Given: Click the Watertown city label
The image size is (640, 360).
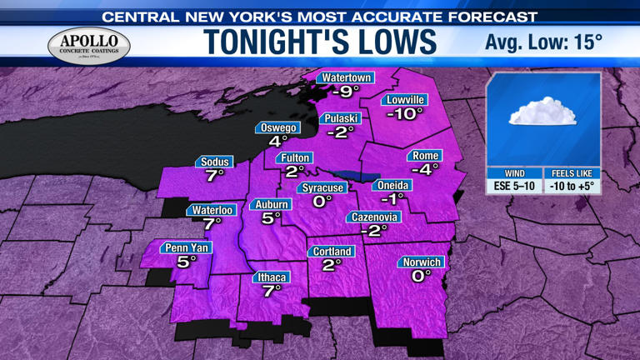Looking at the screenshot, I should (346, 77).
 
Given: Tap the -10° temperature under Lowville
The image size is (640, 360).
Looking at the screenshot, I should (404, 114).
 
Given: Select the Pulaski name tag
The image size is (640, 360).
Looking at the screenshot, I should (342, 117).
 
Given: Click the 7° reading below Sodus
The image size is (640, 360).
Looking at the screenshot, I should (216, 176).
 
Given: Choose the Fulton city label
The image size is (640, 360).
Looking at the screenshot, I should (296, 157).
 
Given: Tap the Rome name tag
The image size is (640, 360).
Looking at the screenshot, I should (425, 156).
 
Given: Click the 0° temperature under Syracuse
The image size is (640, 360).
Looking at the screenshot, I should (322, 201).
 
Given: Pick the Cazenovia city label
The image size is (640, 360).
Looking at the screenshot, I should (375, 217).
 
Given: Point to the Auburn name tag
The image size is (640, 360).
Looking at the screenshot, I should (272, 205).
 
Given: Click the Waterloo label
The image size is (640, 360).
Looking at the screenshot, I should (212, 210).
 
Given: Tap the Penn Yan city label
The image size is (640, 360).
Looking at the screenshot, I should (187, 247).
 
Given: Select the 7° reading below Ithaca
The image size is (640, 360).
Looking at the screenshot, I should (272, 292).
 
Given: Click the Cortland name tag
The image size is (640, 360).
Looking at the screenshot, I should (332, 252).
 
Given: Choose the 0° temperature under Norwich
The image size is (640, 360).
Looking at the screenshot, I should (422, 275).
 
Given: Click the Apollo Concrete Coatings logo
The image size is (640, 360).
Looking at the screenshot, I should (89, 44).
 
